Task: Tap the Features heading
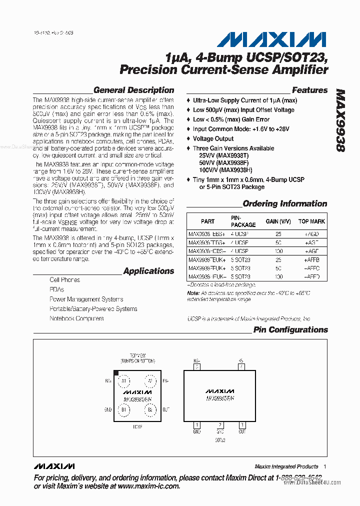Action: tap(309, 90)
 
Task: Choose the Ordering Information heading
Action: tap(284, 203)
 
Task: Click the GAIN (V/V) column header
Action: tap(278, 221)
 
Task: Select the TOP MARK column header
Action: tap(311, 221)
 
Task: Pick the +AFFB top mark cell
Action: tap(311, 260)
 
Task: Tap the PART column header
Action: tap(207, 221)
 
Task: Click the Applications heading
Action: tap(148, 271)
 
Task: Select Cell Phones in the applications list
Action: tap(64, 280)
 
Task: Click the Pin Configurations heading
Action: tap(290, 330)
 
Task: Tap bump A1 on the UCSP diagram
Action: tap(123, 381)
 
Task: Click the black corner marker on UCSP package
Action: tap(116, 373)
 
